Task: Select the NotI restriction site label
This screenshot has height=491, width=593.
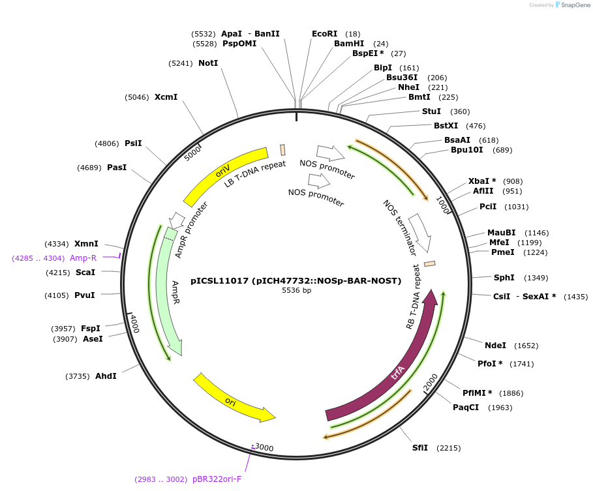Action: point(208,63)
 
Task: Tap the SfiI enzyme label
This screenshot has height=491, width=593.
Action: point(419,448)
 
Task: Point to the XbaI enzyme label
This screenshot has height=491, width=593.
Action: point(481,181)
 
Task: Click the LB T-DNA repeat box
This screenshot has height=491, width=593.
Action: point(282,149)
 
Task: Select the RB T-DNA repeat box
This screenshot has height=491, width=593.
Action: point(430,264)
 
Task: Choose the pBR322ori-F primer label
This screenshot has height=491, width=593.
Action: point(217,479)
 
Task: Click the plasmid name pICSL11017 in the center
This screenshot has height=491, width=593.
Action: point(296,281)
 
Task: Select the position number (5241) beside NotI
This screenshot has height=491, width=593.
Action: point(181,63)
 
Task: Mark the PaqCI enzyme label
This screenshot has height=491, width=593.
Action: point(466,408)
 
